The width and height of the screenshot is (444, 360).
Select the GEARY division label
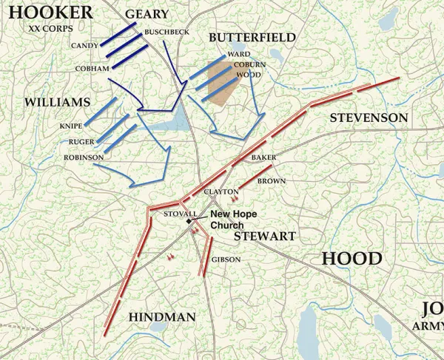(147, 14)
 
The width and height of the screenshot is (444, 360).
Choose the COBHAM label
(92, 68)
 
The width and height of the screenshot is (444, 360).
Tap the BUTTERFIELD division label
(252, 37)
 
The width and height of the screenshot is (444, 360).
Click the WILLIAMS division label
(57, 101)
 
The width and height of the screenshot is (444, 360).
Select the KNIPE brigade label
(71, 126)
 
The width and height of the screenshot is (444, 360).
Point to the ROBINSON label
(83, 157)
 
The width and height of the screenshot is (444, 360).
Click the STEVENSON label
(369, 118)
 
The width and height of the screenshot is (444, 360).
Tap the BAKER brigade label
(263, 158)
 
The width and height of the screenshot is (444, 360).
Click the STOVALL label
(180, 214)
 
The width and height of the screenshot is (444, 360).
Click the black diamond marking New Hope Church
(189, 220)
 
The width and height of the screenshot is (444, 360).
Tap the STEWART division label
(264, 237)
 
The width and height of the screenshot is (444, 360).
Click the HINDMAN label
(161, 316)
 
